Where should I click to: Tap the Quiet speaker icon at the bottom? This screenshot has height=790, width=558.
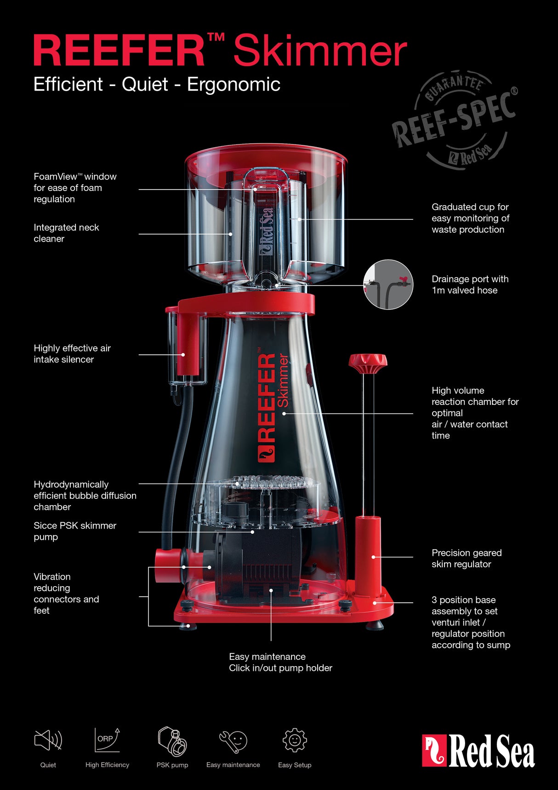48,740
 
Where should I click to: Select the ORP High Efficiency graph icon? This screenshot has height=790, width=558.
107,740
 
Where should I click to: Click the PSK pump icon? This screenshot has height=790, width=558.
172,741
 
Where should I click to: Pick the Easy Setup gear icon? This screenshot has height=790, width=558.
295,740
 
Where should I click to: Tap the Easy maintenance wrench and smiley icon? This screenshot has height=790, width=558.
233,741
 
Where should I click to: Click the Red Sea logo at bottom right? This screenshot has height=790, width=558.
478,751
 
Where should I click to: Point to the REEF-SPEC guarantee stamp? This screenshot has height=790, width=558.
455,120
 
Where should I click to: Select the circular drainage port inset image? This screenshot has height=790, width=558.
388,284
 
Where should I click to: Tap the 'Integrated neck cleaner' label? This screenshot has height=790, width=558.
66,233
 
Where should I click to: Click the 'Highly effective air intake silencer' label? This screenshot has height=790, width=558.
72,354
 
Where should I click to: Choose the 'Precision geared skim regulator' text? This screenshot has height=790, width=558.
467,558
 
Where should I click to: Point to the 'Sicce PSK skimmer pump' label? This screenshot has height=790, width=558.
75,531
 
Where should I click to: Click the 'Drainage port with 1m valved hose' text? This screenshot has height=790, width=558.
470,284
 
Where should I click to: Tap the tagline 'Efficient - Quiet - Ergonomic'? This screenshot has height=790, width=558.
157,85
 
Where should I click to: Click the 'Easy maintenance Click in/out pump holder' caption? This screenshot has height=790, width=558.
280,662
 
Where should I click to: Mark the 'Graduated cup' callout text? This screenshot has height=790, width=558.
470,218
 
